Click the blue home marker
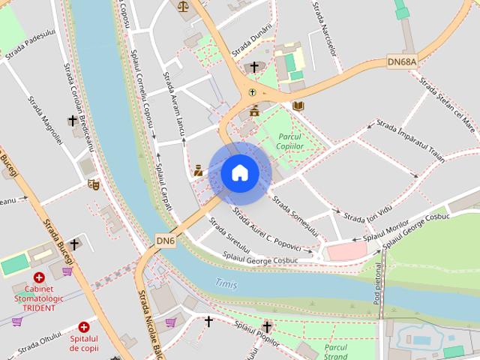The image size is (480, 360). (x=240, y=173)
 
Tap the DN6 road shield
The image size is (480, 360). (x=166, y=240)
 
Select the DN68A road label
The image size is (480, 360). (x=402, y=60)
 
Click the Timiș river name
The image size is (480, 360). (x=226, y=283)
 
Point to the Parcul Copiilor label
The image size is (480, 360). (x=289, y=141)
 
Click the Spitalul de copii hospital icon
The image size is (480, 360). (x=84, y=327)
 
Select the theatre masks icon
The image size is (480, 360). (x=94, y=184)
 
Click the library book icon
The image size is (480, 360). (x=298, y=106)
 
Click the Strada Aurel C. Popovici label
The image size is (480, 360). (x=266, y=229)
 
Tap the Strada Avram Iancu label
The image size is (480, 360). (x=174, y=105)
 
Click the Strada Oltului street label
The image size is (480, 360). (x=39, y=346)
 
